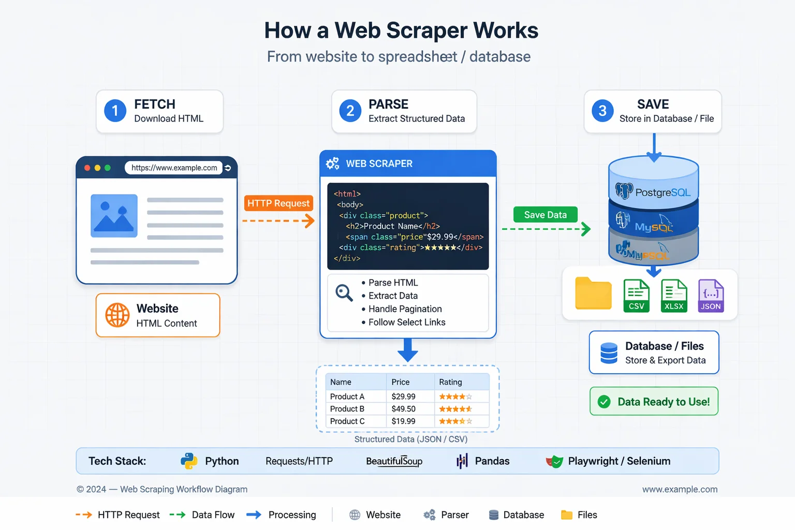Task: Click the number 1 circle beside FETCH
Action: [115, 111]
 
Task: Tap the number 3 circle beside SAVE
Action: [602, 111]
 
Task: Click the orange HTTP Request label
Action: [278, 203]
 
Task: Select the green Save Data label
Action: [545, 215]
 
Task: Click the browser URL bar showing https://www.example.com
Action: [174, 168]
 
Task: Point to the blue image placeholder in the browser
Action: [114, 216]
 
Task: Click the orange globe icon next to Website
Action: [117, 315]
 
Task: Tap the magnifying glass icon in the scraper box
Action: [344, 293]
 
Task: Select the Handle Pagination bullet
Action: [405, 309]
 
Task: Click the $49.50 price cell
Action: [403, 409]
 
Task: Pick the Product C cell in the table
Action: [347, 421]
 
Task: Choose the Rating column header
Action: [450, 382]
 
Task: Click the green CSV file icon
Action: [636, 296]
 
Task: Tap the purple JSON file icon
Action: [711, 296]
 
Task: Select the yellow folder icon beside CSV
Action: [593, 293]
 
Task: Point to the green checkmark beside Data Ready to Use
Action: [604, 402]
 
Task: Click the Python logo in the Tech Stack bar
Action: [189, 461]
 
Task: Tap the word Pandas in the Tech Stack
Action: [492, 461]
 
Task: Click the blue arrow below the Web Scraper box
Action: [408, 350]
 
